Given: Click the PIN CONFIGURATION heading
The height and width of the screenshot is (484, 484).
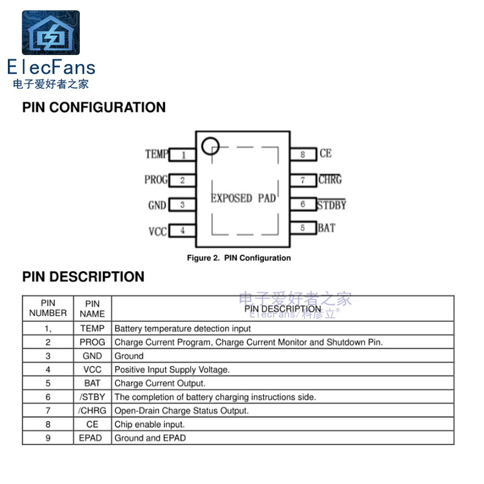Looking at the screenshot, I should click(x=94, y=108).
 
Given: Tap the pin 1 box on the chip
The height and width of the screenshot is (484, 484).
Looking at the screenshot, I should click(x=182, y=155).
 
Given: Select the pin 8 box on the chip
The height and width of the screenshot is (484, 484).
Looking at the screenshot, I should click(x=303, y=154).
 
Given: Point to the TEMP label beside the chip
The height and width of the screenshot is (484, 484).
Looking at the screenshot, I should click(x=156, y=154).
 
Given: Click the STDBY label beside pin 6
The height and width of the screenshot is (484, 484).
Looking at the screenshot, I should click(x=332, y=204).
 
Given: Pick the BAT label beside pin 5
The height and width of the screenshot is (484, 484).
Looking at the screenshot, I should click(x=326, y=228).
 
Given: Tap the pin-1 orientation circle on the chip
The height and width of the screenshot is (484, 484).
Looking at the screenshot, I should click(x=209, y=145).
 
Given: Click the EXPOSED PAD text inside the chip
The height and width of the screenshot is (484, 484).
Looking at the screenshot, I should click(x=243, y=198).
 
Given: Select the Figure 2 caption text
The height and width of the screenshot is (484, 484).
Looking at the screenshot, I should click(x=238, y=258).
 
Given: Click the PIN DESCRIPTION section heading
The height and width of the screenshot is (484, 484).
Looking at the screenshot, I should click(x=83, y=277).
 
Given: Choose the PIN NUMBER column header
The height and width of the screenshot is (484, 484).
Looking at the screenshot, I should click(x=48, y=308).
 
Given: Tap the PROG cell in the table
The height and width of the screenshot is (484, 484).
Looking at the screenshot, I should click(x=92, y=342).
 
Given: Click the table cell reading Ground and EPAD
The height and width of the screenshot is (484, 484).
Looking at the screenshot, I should click(x=150, y=438).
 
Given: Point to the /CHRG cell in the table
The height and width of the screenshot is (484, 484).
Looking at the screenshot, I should click(x=92, y=411).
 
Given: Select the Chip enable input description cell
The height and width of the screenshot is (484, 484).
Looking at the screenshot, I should click(x=149, y=425).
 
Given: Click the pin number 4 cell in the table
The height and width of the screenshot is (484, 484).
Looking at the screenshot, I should click(x=48, y=369).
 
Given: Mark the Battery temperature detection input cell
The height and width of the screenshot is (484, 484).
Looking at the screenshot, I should click(x=183, y=329).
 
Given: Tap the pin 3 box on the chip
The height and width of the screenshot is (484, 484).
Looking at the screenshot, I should click(x=182, y=205).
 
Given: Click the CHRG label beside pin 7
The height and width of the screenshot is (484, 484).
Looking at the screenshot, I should click(x=330, y=180).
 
